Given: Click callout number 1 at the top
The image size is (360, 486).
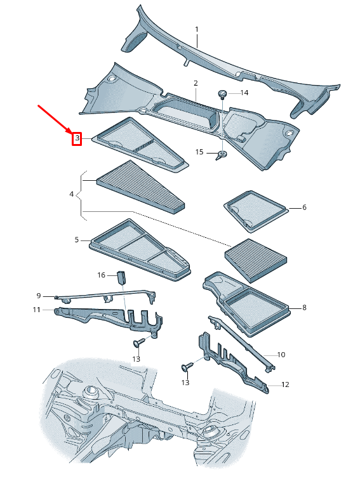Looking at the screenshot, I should tap(197, 30).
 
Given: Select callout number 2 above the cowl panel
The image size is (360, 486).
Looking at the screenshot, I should tap(196, 83).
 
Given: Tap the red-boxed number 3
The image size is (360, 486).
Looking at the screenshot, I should tap(77, 138).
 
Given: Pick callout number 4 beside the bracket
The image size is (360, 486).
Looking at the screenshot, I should tap(72, 194).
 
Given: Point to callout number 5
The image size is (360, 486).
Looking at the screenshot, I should tap(76, 240).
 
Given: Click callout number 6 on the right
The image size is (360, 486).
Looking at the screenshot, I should tap(304, 207).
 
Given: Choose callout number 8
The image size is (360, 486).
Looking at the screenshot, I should tap(304, 308).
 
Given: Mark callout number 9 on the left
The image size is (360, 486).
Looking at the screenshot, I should tap(38, 296).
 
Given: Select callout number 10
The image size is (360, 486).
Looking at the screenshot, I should tap(282, 355).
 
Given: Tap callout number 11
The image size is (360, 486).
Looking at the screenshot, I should tap(37, 310).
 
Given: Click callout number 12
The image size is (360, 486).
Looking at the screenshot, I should tap(285, 384).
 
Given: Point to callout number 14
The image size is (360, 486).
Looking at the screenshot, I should tap(244, 93).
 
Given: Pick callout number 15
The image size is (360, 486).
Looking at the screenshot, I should tap(199, 152).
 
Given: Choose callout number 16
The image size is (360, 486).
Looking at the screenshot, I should tap(101, 275).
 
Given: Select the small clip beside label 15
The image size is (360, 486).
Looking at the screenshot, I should tap(222, 155).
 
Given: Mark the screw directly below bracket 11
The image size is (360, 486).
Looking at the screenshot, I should tap(138, 343).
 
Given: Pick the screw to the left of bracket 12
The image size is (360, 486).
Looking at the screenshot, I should tap(187, 367).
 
